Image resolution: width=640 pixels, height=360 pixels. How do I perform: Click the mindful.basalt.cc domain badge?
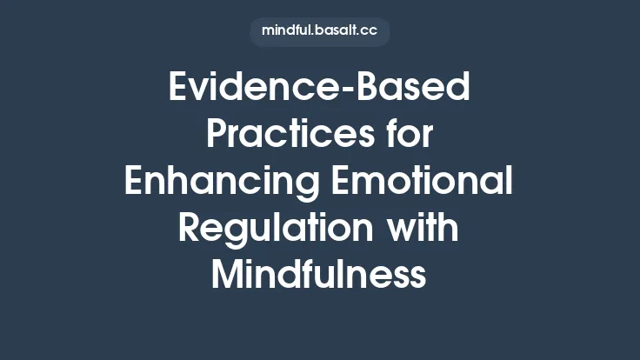point(319,31)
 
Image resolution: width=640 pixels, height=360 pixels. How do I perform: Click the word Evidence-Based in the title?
point(319,89)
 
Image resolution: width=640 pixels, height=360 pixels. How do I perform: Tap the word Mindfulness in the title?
point(319,277)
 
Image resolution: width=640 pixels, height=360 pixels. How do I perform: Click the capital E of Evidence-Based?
point(179,89)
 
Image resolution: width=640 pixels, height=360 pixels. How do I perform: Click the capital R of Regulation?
point(190,230)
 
